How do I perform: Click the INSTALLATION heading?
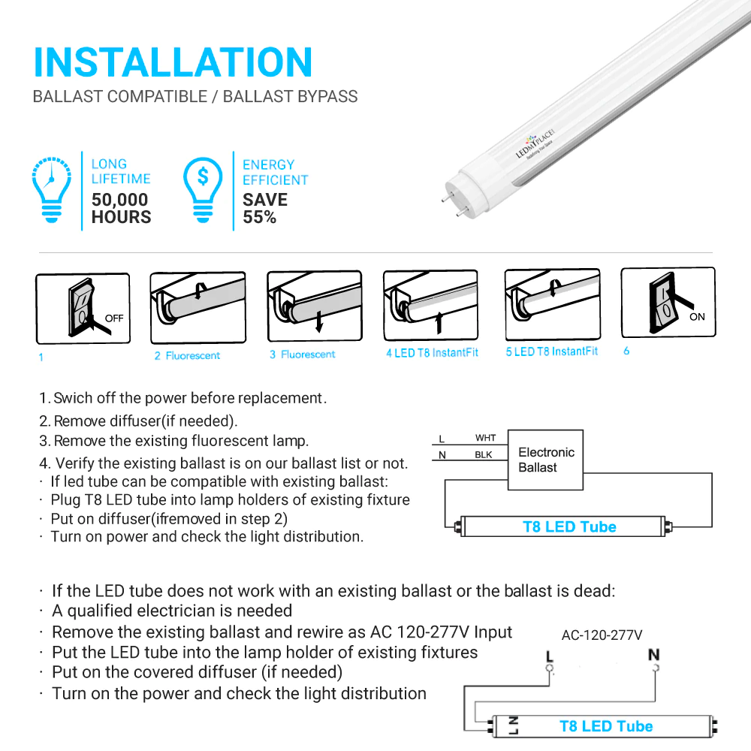[x=173, y=62]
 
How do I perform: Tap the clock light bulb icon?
[x=52, y=189]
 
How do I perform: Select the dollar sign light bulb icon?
[x=204, y=189]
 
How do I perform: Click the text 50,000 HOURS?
[x=121, y=209]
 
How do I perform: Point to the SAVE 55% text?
[x=264, y=209]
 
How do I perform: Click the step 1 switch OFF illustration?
[x=83, y=309]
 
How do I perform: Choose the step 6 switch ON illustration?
[x=668, y=303]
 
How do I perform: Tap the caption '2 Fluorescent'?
[x=187, y=355]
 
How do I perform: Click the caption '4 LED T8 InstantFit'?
[x=432, y=353]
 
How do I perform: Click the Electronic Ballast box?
[x=546, y=460]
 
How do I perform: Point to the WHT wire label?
[x=485, y=438]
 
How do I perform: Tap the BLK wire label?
[x=484, y=455]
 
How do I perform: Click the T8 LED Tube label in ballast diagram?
[x=569, y=527]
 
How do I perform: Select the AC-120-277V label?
[x=602, y=635]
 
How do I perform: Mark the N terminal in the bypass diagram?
[x=653, y=657]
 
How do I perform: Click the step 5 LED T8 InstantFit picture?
[x=552, y=304]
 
